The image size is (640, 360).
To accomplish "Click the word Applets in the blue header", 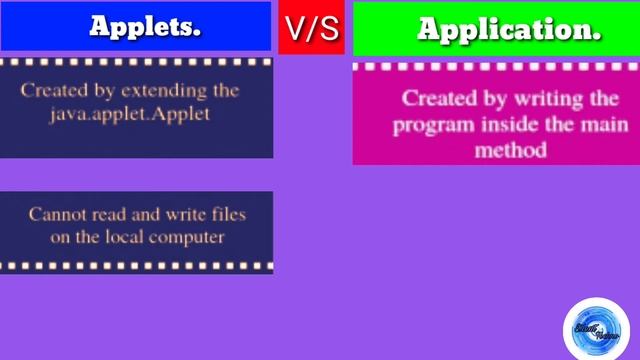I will click(146, 27).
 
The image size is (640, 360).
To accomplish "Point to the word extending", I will click(163, 90).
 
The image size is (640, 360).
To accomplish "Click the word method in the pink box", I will click(511, 150).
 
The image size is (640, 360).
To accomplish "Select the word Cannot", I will click(54, 213).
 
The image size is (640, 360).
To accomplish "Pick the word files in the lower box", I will click(226, 213).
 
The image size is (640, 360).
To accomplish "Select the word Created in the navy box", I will click(51, 90).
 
